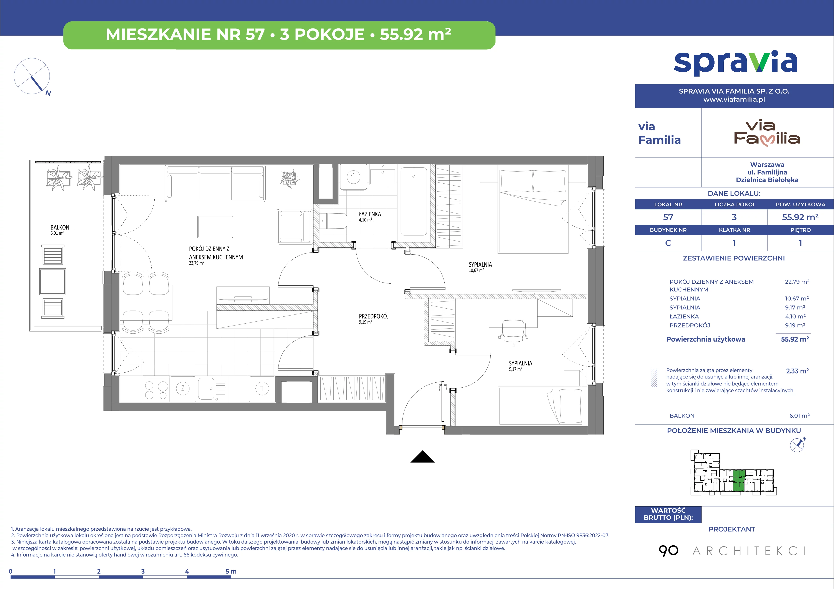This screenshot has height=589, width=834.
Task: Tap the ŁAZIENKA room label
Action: coord(370,214)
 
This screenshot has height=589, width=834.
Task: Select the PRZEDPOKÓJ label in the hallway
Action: coord(373,316)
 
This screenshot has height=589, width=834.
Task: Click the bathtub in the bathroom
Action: coord(414,201)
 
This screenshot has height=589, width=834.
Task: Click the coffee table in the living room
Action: coord(215,227)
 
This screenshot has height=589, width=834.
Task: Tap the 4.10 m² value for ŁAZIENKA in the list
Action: coord(795,316)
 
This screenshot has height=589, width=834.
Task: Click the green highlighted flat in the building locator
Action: coord(738,480)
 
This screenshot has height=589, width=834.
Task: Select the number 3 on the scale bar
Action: coord(143,571)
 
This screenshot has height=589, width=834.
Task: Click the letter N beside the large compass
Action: coord(48,93)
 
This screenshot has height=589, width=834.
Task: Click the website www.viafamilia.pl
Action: coord(734,99)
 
